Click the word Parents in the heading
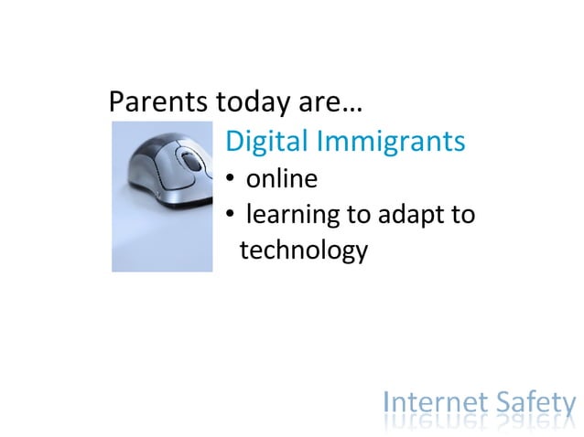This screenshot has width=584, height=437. pyautogui.click(x=157, y=101)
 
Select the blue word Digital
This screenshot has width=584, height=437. pyautogui.click(x=265, y=142)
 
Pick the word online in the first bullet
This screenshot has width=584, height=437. pyautogui.click(x=281, y=178)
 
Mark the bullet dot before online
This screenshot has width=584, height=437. pyautogui.click(x=231, y=179)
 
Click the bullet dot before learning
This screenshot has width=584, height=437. pyautogui.click(x=231, y=217)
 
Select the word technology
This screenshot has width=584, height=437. pyautogui.click(x=303, y=250)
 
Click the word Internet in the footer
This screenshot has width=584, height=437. pyautogui.click(x=434, y=402)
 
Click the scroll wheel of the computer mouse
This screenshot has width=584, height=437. pyautogui.click(x=192, y=163)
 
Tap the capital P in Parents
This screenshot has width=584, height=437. pyautogui.click(x=116, y=101)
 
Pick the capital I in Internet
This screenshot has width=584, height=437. pyautogui.click(x=388, y=402)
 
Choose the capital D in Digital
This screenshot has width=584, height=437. pyautogui.click(x=234, y=142)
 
